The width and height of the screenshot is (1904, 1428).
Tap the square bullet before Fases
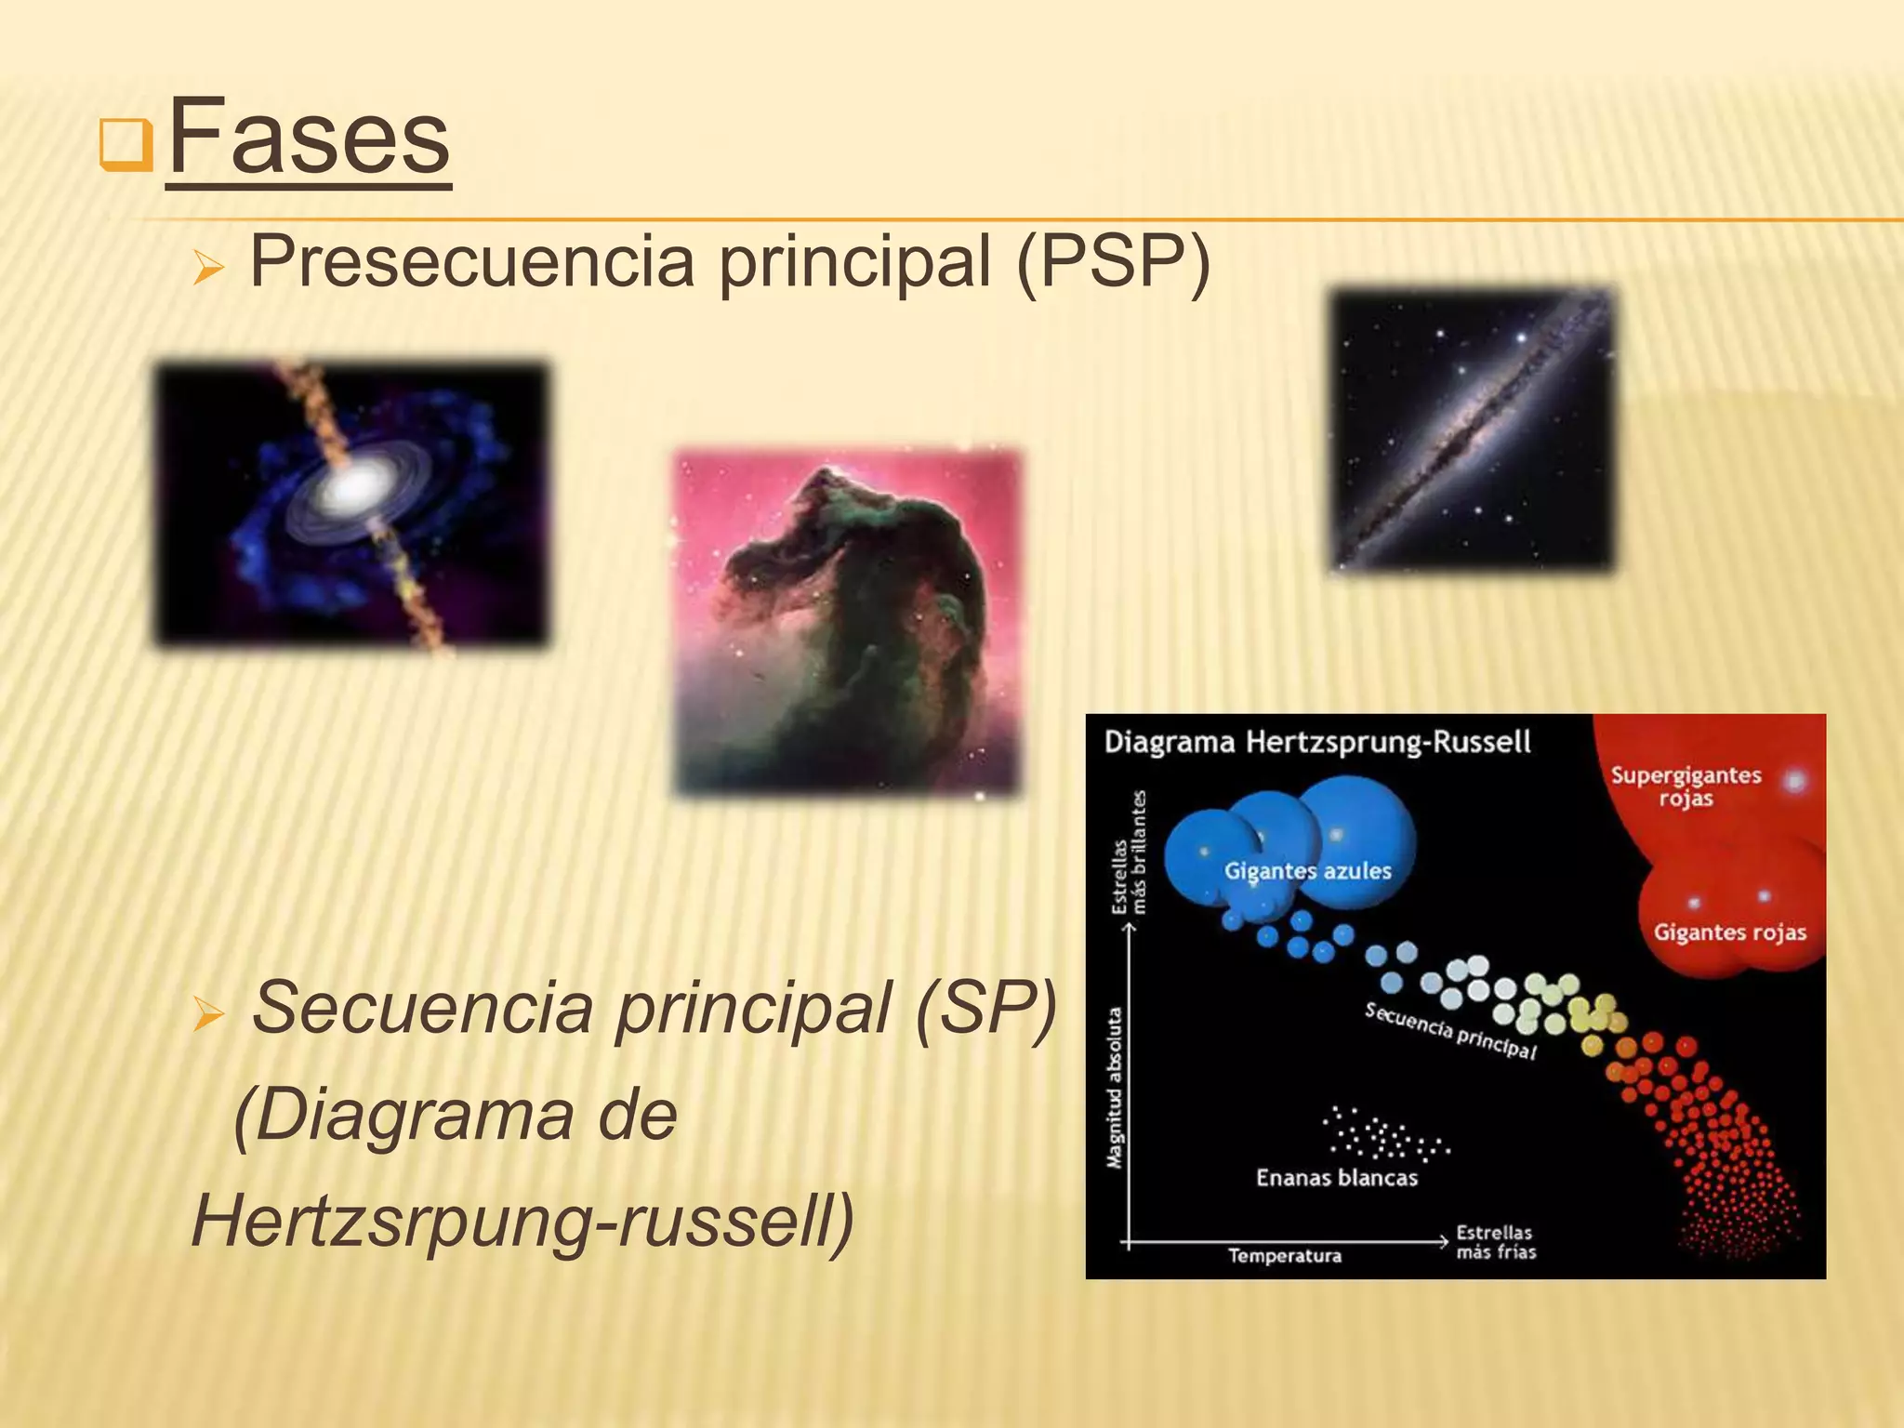pos(126,145)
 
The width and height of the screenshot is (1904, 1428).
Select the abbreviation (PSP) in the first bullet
pos(1114,262)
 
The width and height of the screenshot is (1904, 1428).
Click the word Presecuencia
pos(472,262)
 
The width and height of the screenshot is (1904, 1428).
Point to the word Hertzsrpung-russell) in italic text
pos(522,1220)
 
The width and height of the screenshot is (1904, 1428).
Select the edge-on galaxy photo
pos(1474,430)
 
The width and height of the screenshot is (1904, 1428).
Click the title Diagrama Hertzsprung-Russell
pos(1316,743)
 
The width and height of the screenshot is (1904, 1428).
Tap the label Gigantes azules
pos(1307,871)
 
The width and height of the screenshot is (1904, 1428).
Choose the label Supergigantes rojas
pos(1686,787)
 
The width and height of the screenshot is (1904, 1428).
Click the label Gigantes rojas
pos(1729,932)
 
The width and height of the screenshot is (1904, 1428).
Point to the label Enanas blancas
pos(1337,1178)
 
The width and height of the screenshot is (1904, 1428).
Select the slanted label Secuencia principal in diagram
pos(1450,1030)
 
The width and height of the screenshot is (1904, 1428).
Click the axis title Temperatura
pos(1285,1256)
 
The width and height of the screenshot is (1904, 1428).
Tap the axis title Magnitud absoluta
pos(1115,1088)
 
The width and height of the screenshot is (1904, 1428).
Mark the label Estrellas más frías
pos(1495,1242)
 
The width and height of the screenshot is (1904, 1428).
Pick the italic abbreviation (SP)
pos(987,1008)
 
